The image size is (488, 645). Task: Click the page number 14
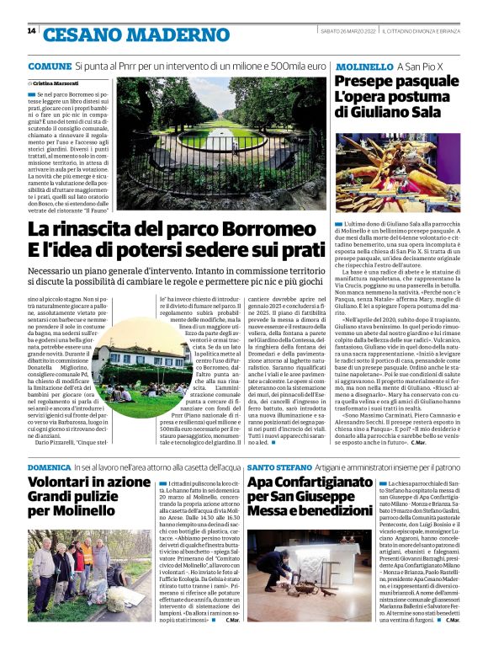click(31, 32)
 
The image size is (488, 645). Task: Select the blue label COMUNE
click(49, 66)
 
